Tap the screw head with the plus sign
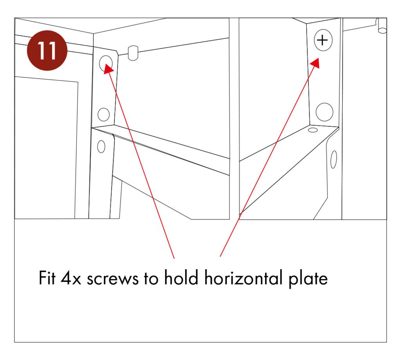pyautogui.click(x=322, y=40)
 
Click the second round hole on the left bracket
pyautogui.click(x=103, y=114)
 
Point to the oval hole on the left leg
pyautogui.click(x=101, y=148)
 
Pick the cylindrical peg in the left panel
pyautogui.click(x=133, y=53)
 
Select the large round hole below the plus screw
pyautogui.click(x=324, y=112)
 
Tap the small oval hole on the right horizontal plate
pyautogui.click(x=313, y=130)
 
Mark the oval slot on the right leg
pyautogui.click(x=333, y=160)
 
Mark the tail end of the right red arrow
pyautogui.click(x=220, y=256)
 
